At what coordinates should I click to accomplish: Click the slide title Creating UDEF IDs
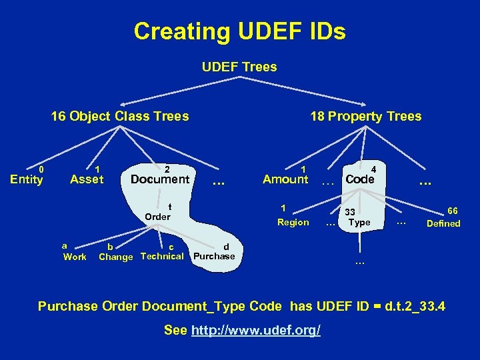pyautogui.click(x=239, y=31)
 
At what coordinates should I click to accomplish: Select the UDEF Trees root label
pyautogui.click(x=239, y=67)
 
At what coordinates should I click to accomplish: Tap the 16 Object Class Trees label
pyautogui.click(x=120, y=117)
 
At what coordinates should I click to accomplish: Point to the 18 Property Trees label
pyautogui.click(x=365, y=117)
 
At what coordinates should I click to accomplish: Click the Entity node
pyautogui.click(x=27, y=179)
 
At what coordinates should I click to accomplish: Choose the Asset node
pyautogui.click(x=87, y=179)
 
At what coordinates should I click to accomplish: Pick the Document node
pyautogui.click(x=160, y=179)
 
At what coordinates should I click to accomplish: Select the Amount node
pyautogui.click(x=285, y=179)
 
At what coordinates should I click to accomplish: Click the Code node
pyautogui.click(x=360, y=179)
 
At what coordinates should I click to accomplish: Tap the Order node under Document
pyautogui.click(x=158, y=217)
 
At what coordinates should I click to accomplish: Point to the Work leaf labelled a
pyautogui.click(x=75, y=257)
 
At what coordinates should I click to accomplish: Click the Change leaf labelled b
pyautogui.click(x=115, y=257)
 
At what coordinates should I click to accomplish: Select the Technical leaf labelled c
pyautogui.click(x=162, y=257)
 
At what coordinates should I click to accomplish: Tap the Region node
pyautogui.click(x=293, y=223)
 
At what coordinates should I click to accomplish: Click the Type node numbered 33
pyautogui.click(x=359, y=222)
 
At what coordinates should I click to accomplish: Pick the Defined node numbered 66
pyautogui.click(x=443, y=223)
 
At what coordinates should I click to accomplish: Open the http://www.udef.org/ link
pyautogui.click(x=256, y=331)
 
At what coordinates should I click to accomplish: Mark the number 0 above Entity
pyautogui.click(x=41, y=169)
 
